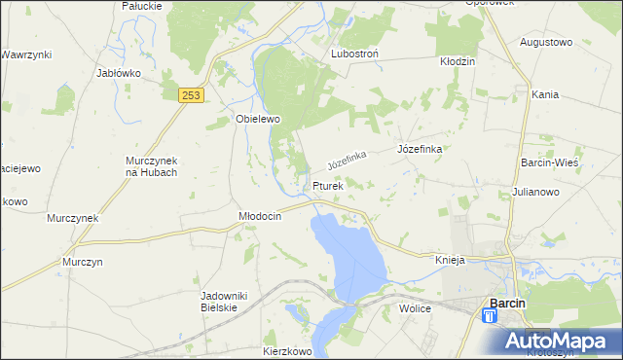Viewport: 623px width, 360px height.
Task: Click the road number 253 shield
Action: pyautogui.click(x=191, y=93)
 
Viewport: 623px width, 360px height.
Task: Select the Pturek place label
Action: pyautogui.click(x=328, y=185)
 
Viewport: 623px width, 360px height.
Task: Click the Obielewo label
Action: pyautogui.click(x=258, y=119)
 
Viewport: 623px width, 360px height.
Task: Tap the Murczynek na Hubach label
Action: pyautogui.click(x=151, y=166)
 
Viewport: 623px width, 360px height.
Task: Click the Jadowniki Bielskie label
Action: pyautogui.click(x=219, y=301)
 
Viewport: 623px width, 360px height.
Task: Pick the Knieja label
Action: pyautogui.click(x=451, y=261)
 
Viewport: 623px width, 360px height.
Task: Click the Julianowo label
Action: pyautogui.click(x=534, y=193)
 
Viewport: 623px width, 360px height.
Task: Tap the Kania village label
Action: pyautogui.click(x=545, y=94)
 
